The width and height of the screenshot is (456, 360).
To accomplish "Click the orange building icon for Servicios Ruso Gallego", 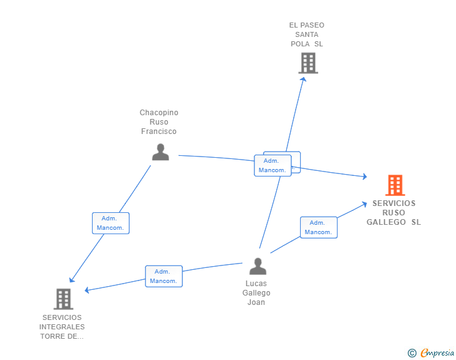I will tap(395, 185).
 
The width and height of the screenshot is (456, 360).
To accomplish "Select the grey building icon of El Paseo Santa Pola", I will tap(308, 63).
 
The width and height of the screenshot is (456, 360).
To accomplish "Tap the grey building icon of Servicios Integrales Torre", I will tap(63, 299).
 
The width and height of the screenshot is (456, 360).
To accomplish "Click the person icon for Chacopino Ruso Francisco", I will tap(160, 152).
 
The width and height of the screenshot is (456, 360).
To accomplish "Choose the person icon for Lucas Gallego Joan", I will tap(257, 266).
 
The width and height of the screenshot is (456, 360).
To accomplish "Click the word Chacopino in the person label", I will tap(159, 113).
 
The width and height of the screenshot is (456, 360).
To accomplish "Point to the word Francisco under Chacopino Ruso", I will tap(159, 131).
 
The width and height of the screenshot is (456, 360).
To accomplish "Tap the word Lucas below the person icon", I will tap(256, 284).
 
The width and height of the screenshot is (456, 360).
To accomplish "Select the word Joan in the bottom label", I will tap(256, 302).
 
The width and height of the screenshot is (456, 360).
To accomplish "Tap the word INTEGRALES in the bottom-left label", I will tap(62, 327).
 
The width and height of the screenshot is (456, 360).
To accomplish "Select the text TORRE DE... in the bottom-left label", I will tap(62, 336).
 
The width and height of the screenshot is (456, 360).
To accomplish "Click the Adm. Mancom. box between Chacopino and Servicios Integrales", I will tap(111, 224).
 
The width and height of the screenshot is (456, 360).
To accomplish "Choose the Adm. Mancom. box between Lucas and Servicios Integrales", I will tap(163, 276).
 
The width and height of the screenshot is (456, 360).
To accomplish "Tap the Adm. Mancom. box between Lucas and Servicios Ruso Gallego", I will tap(318, 227).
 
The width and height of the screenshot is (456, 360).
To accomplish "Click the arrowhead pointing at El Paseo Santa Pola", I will tap(304, 78).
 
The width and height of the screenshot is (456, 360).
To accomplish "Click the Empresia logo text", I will tap(437, 353).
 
